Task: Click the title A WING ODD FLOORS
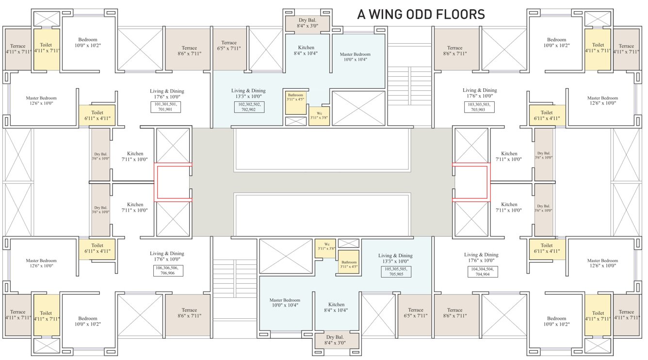(x=421, y=15)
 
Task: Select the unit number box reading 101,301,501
(x=165, y=107)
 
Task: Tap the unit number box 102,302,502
(x=249, y=107)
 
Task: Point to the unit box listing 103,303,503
(x=479, y=107)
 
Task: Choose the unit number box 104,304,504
(x=483, y=271)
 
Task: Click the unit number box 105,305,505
(x=396, y=271)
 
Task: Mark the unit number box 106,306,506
(x=168, y=270)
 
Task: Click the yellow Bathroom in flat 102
(x=296, y=103)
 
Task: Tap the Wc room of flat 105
(x=325, y=248)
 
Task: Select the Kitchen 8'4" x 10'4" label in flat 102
(x=306, y=50)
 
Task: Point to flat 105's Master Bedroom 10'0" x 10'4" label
(x=285, y=302)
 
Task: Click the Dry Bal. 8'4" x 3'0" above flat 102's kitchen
(x=307, y=23)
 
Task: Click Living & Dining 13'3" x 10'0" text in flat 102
(x=248, y=93)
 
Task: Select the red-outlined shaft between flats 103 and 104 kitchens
(x=471, y=182)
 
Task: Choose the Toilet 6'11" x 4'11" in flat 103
(x=547, y=115)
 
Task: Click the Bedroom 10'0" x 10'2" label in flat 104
(x=556, y=321)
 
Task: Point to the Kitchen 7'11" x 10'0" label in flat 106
(x=135, y=207)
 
